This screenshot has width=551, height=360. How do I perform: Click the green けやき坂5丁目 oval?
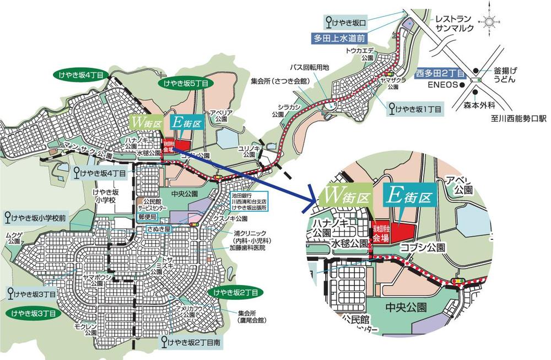[x=185, y=84]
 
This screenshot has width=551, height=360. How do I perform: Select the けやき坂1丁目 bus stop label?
[x=415, y=110]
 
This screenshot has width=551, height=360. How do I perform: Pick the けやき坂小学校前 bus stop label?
[x=35, y=217]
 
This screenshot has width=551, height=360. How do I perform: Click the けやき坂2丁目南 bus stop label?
[x=193, y=342]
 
